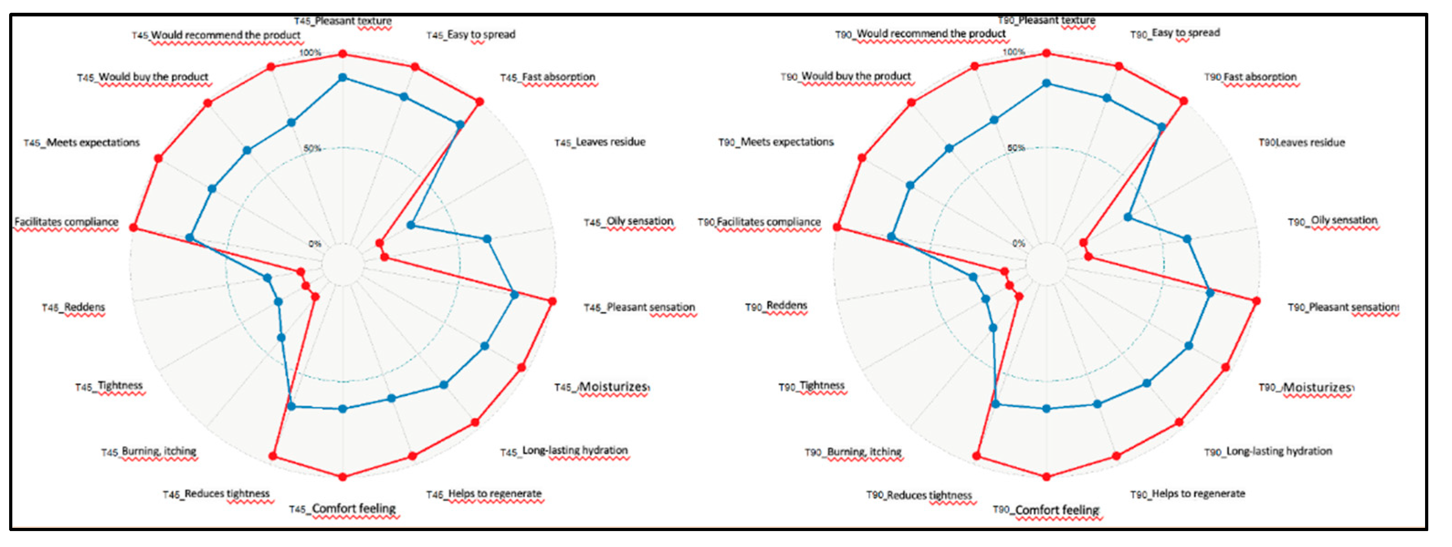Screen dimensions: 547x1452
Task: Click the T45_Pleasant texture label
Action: [343, 21]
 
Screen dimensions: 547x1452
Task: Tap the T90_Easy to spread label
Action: [1175, 33]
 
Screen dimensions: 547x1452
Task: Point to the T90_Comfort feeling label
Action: [1046, 510]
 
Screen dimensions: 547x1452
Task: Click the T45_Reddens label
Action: [73, 308]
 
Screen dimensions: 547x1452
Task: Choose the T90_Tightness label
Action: [812, 387]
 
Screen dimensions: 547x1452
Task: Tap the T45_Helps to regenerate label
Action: [484, 494]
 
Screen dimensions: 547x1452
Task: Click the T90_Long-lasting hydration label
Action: [1268, 451]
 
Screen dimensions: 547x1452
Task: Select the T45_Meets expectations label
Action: [82, 143]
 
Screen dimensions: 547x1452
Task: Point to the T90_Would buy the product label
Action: [846, 77]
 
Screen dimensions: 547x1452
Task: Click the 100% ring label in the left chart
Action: [310, 53]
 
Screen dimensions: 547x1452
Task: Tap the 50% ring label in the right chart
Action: [1016, 148]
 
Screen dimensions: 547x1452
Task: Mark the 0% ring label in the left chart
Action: [314, 244]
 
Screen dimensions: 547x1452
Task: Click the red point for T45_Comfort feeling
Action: [343, 477]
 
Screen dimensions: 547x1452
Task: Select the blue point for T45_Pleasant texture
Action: [343, 78]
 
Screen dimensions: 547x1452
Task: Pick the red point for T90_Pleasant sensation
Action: [1256, 301]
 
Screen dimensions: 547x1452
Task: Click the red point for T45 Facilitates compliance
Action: [134, 227]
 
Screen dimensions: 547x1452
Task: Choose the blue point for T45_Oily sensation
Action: [487, 239]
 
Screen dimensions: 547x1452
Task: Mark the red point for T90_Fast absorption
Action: [1184, 101]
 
